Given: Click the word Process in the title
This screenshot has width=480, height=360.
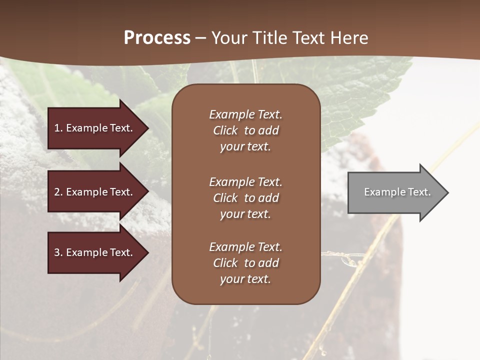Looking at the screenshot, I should [157, 38].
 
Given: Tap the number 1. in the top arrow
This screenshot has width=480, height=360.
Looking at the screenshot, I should [58, 128].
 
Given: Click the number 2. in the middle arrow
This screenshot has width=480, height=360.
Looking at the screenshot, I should [58, 192].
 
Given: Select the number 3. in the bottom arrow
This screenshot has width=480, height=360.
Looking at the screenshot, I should [58, 252].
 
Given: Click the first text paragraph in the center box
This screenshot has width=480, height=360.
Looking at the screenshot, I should [245, 130].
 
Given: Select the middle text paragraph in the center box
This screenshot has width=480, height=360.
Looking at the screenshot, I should [245, 198].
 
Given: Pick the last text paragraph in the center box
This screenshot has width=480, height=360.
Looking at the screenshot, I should [245, 263].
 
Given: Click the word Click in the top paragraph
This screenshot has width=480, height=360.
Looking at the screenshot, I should [225, 130].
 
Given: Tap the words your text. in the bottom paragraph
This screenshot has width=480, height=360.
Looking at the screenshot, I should [245, 279].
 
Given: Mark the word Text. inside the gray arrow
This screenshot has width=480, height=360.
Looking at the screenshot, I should [419, 192].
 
